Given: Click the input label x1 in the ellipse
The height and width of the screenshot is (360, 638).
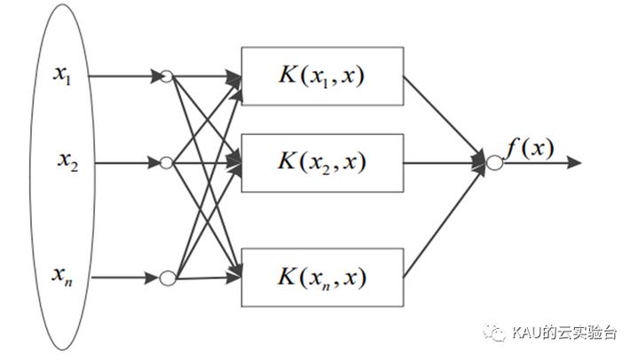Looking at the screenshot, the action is click(x=62, y=75).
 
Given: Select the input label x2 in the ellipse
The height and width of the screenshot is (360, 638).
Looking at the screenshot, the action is click(x=67, y=161).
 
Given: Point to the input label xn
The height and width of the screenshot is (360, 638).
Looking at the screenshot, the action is click(x=62, y=276).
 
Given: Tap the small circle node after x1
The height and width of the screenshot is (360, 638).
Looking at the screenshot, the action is click(x=166, y=76).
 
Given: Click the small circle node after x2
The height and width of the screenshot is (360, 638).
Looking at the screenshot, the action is click(x=166, y=163).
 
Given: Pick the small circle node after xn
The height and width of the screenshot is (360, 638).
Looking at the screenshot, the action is click(x=167, y=278).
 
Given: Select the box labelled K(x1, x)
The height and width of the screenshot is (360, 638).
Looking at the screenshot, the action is click(x=323, y=76).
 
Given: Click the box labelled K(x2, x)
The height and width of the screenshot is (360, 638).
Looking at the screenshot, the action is click(x=323, y=163).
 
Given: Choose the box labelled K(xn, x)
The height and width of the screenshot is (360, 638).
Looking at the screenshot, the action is click(x=323, y=278).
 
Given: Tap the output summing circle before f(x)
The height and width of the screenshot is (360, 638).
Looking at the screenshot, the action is click(x=494, y=163).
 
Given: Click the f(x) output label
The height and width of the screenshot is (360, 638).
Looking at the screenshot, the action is click(x=530, y=149).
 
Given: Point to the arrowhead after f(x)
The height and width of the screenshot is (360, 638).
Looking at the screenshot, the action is click(x=574, y=163).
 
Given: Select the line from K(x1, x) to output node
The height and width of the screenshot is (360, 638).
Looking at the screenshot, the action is click(x=444, y=118).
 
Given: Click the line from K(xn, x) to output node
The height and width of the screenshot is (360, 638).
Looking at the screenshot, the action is click(x=444, y=222).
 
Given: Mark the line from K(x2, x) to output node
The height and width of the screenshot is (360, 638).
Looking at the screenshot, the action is click(x=444, y=163).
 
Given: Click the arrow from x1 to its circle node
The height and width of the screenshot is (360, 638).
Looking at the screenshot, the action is click(x=124, y=76).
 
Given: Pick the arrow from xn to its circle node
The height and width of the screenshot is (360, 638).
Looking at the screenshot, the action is click(x=124, y=278).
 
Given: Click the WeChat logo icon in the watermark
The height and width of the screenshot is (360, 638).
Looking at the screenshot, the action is click(x=494, y=333).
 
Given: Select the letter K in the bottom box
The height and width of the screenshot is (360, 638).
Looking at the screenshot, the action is click(x=287, y=277).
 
